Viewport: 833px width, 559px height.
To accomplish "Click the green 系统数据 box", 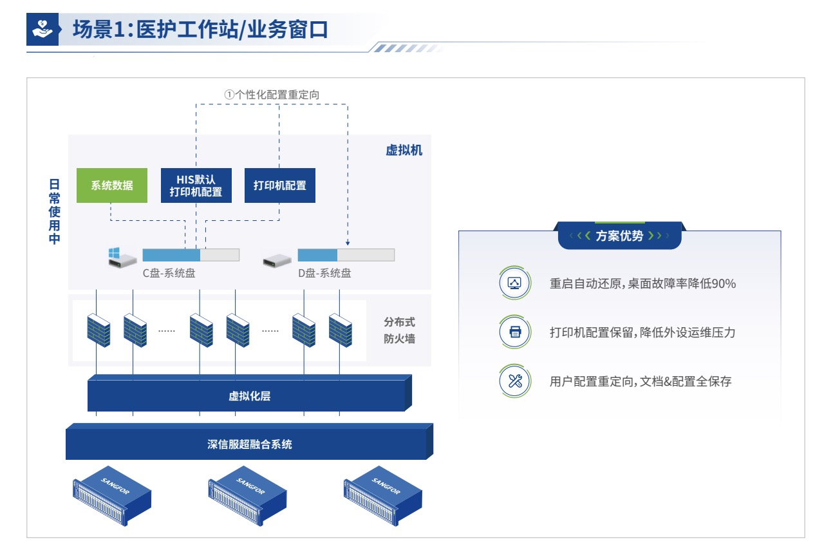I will coord(111,185).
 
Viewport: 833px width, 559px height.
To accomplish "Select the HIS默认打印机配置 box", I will coord(196,185).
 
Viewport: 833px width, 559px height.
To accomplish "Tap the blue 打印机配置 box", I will coord(280,185).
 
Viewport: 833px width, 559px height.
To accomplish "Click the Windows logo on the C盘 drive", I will coord(114,252).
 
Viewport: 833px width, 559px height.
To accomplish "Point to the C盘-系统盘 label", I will coord(169,273).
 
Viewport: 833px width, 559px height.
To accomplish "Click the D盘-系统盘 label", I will coord(324,273).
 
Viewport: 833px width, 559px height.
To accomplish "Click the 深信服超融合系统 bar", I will coord(249,444).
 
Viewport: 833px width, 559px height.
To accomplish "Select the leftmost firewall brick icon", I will coord(98,330).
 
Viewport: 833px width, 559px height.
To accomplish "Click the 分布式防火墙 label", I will coord(399,330).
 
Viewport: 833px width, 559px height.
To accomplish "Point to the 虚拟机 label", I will coord(404,151).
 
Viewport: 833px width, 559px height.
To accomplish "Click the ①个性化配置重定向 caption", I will coord(272,95).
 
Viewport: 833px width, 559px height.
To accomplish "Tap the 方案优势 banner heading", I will coord(619,236).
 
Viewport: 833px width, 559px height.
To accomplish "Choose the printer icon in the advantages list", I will coord(515,332).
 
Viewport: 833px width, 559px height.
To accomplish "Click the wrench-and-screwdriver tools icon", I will coord(515,381).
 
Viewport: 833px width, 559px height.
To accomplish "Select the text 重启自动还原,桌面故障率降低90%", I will coord(642,283).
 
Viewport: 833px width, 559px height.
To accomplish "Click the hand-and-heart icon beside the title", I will coord(42,30).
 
